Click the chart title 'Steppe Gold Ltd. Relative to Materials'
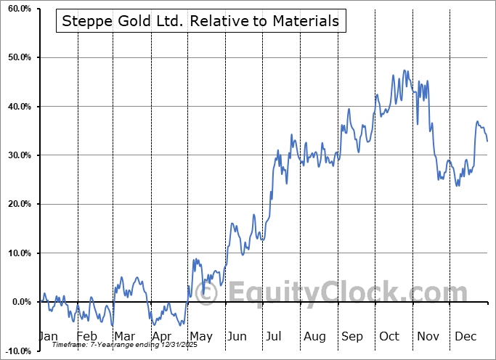(x=200, y=21)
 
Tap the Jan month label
(x=48, y=336)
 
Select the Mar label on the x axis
(x=123, y=336)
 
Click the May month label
(x=200, y=336)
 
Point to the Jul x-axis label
(x=275, y=336)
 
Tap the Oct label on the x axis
(x=389, y=336)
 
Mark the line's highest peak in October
(x=403, y=70)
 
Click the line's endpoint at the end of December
(x=487, y=141)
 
